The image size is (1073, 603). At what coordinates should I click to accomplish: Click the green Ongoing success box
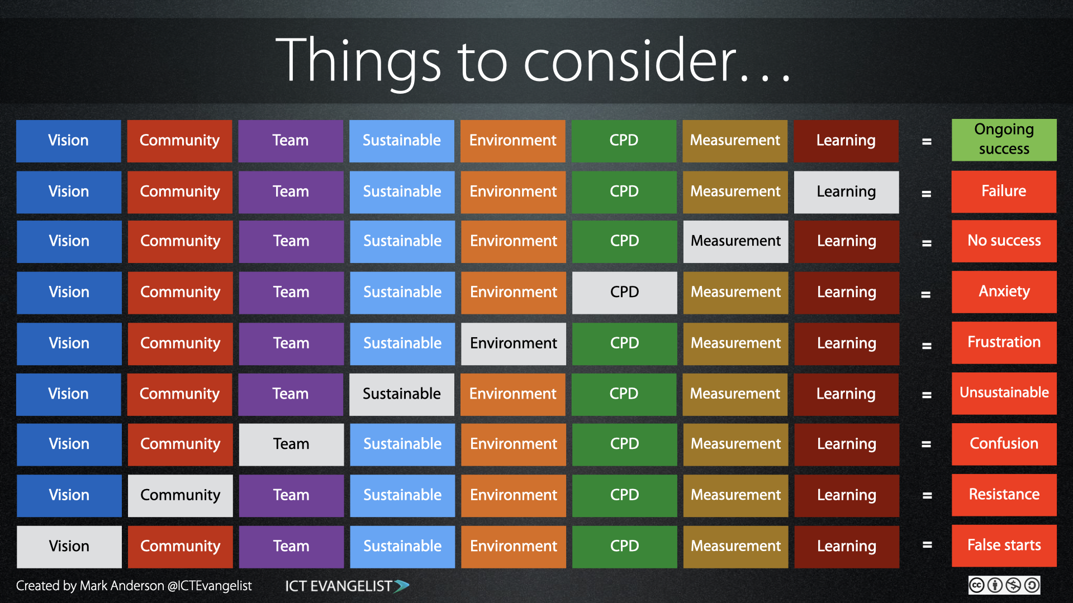pyautogui.click(x=1004, y=140)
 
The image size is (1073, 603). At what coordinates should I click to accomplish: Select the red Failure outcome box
pyautogui.click(x=1004, y=192)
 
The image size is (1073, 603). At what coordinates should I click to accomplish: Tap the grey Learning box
pyautogui.click(x=846, y=192)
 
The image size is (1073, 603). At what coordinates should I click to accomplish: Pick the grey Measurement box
pyautogui.click(x=735, y=241)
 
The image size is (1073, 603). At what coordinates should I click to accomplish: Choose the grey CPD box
pyautogui.click(x=624, y=293)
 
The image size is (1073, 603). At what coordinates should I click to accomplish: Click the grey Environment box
pyautogui.click(x=514, y=344)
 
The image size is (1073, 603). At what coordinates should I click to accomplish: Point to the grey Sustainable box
pyautogui.click(x=402, y=394)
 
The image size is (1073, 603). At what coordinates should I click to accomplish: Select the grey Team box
pyautogui.click(x=291, y=444)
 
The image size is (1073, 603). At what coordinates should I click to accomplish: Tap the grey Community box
pyautogui.click(x=180, y=496)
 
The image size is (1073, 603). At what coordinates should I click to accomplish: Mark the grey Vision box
pyautogui.click(x=69, y=547)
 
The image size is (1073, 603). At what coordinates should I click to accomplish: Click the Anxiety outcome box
pyautogui.click(x=1004, y=292)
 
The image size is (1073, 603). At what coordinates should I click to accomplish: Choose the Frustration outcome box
pyautogui.click(x=1004, y=343)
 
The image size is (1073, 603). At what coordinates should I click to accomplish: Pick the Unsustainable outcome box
pyautogui.click(x=1004, y=394)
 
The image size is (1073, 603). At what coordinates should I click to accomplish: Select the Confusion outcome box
pyautogui.click(x=1004, y=444)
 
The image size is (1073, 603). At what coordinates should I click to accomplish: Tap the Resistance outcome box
pyautogui.click(x=1004, y=495)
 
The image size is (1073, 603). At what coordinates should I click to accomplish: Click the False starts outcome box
pyautogui.click(x=1004, y=546)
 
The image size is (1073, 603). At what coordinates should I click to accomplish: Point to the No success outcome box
pyautogui.click(x=1004, y=241)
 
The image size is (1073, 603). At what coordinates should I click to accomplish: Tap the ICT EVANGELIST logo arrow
pyautogui.click(x=401, y=586)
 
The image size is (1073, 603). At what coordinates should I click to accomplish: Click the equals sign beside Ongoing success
pyautogui.click(x=927, y=142)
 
